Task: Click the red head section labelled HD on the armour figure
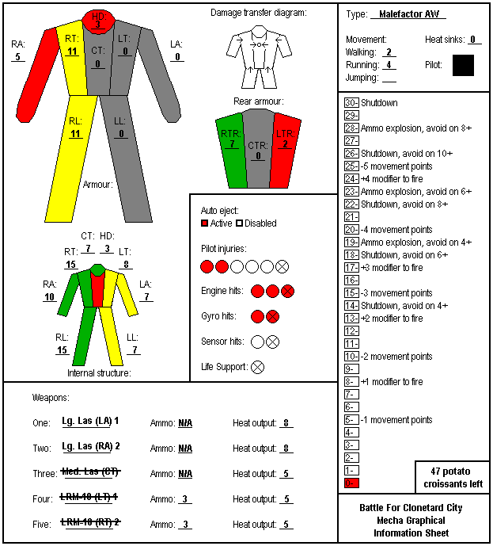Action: click(98, 21)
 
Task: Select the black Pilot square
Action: click(463, 65)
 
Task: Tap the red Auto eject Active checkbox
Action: click(204, 223)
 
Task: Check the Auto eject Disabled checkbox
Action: click(239, 223)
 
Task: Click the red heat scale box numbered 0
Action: click(351, 483)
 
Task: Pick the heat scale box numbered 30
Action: click(351, 103)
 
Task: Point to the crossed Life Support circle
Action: click(257, 367)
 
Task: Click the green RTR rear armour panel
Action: click(231, 151)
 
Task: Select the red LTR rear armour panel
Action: click(286, 151)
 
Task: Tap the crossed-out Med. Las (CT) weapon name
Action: click(91, 472)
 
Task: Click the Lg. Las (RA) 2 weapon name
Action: click(91, 446)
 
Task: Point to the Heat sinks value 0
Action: click(473, 40)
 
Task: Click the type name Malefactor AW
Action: click(409, 14)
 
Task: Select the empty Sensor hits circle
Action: click(257, 342)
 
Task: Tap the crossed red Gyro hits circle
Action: click(272, 316)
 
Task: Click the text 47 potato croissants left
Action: click(453, 477)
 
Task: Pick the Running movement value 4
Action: click(389, 65)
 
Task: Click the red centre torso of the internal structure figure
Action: click(98, 289)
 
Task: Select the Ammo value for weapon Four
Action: click(185, 499)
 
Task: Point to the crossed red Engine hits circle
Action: click(287, 291)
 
